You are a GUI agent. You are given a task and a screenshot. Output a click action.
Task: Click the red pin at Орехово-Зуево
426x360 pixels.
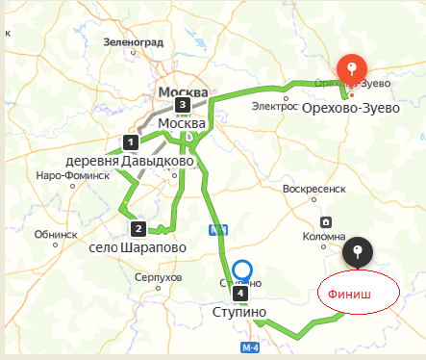352,69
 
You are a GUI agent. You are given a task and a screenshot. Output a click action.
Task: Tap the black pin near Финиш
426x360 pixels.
358,253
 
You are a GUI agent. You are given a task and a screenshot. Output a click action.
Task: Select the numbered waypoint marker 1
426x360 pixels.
129,141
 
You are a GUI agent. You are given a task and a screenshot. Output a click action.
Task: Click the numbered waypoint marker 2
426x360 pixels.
138,228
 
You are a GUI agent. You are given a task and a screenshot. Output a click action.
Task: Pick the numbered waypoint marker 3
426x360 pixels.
181,105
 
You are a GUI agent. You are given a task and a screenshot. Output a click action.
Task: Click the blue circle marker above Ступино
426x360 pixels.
243,270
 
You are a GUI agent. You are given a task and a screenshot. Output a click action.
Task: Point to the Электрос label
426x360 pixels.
276,106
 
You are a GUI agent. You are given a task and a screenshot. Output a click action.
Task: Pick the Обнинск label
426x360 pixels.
55,234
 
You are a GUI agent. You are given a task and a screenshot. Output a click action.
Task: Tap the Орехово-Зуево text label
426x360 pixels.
350,109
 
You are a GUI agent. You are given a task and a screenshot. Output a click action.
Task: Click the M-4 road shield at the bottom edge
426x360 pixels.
251,347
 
